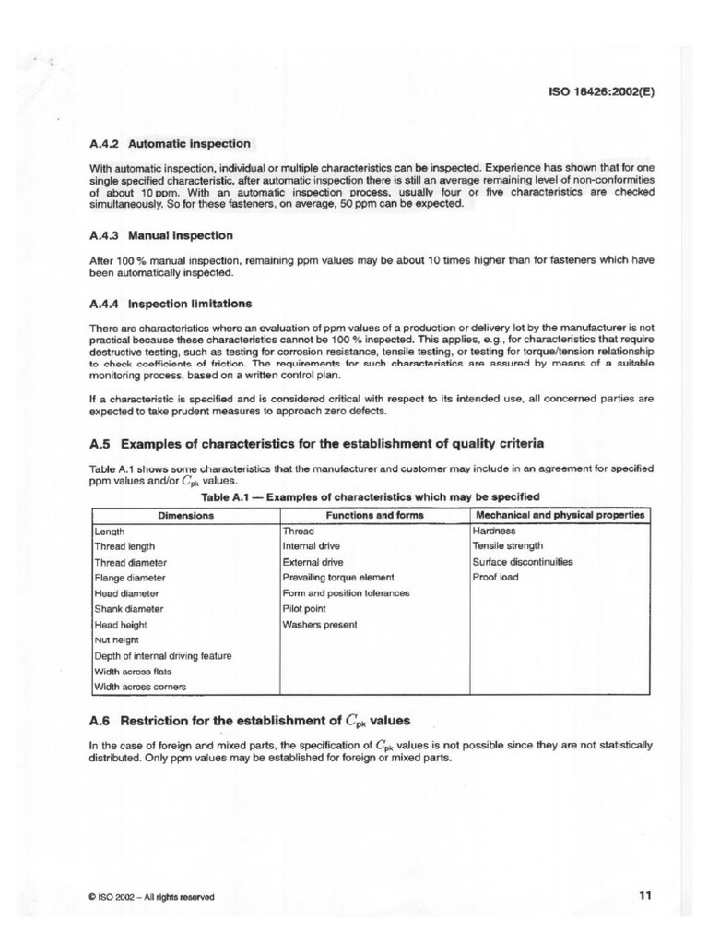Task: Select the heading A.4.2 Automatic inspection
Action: click(x=170, y=144)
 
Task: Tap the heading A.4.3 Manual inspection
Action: click(x=160, y=235)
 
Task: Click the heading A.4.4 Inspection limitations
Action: click(x=171, y=304)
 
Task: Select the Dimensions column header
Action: click(x=185, y=515)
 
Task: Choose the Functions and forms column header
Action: click(x=373, y=515)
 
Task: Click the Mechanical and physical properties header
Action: click(x=560, y=515)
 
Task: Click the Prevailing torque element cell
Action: click(x=337, y=578)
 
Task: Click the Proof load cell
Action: click(x=495, y=578)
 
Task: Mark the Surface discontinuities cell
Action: click(x=522, y=562)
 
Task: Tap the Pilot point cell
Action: click(x=303, y=609)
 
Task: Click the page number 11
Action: click(x=644, y=894)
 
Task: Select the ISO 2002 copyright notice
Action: click(x=152, y=896)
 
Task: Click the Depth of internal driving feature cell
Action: click(x=163, y=655)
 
